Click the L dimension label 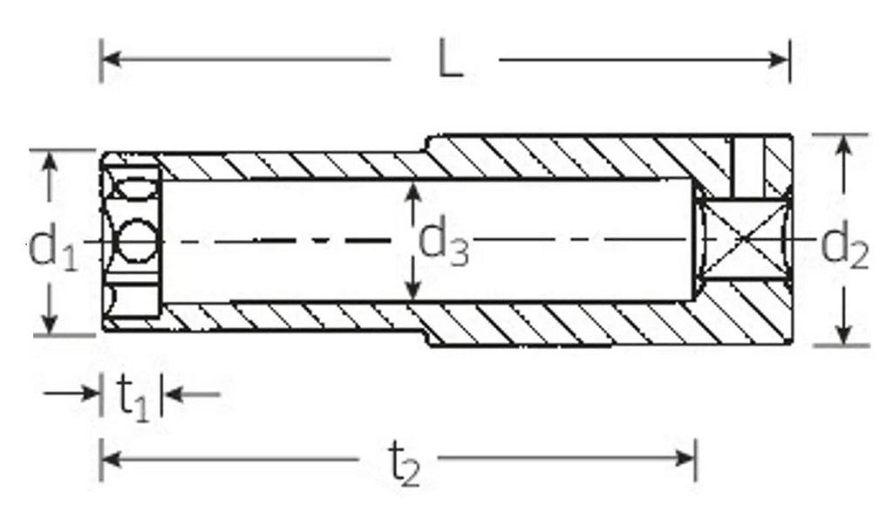[x=451, y=58]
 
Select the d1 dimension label [x=51, y=245]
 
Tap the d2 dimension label [x=844, y=245]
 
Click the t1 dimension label [x=133, y=397]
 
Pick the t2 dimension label [x=404, y=462]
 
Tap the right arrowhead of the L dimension [x=778, y=59]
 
